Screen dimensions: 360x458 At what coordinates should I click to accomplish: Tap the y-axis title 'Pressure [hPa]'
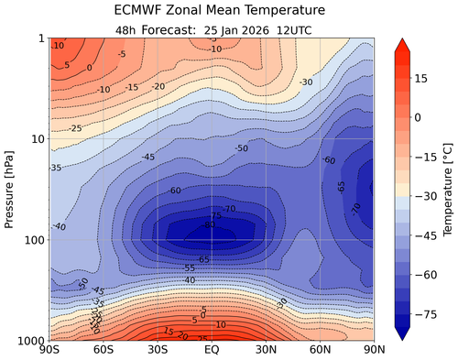[11, 189]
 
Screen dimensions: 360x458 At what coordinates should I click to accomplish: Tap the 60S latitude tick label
[104, 351]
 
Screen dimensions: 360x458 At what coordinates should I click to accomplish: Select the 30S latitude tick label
[158, 351]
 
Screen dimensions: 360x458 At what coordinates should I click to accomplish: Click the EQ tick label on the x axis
[212, 351]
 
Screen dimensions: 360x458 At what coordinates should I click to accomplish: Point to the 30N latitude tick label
[267, 351]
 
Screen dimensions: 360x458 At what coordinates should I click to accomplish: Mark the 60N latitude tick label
[321, 351]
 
